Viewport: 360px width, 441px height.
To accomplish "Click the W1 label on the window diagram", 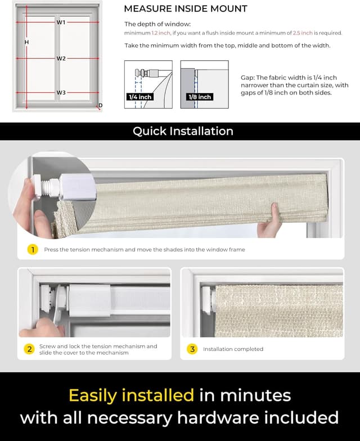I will tap(61, 22).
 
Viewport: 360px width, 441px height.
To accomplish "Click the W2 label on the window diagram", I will tap(61, 58).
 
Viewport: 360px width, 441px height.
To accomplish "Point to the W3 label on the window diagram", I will tap(61, 92).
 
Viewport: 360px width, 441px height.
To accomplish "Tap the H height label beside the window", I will tap(26, 43).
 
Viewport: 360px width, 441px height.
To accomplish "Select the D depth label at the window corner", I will tap(100, 106).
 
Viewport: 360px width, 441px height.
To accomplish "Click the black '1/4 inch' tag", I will tap(140, 97).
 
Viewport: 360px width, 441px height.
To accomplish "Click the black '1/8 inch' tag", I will tap(200, 97).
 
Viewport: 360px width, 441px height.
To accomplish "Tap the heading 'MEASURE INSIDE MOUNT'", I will tap(185, 9).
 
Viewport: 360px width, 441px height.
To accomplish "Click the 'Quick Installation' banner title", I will tap(183, 131).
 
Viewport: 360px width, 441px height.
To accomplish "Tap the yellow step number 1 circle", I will tap(33, 249).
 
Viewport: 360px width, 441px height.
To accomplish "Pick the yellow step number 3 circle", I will tap(192, 349).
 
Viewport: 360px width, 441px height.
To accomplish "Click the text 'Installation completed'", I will tap(233, 349).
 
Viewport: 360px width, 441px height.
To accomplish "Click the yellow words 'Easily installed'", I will tap(131, 395).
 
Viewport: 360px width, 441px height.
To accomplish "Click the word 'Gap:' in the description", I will tap(247, 77).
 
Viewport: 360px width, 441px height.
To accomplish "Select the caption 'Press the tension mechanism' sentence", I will tap(144, 249).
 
